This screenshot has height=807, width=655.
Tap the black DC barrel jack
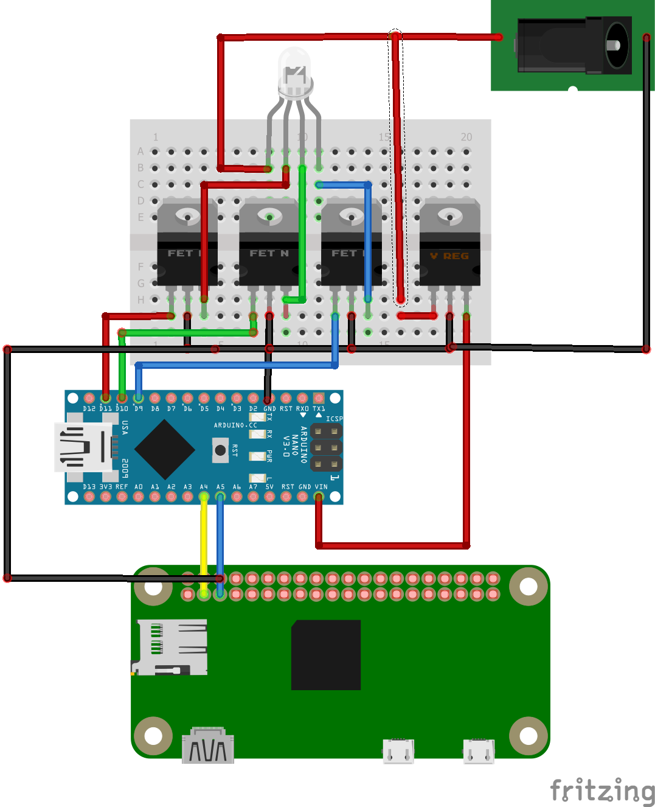tap(574, 45)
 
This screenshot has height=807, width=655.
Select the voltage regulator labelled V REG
tap(449, 244)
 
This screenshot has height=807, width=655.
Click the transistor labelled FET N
tap(269, 244)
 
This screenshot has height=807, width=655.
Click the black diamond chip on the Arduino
tap(165, 450)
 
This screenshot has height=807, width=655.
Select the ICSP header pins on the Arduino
tap(326, 448)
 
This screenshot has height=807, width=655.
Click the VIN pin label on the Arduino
tap(321, 487)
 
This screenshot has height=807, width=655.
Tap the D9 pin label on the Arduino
tap(139, 409)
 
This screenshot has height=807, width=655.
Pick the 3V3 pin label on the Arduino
tap(106, 487)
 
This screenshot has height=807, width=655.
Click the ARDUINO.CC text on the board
tap(235, 425)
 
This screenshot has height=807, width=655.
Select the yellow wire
tap(204, 542)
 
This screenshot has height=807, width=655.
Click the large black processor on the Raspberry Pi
tap(326, 655)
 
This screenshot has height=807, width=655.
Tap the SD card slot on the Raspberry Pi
tap(171, 647)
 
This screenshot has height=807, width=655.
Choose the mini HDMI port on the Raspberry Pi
tap(208, 745)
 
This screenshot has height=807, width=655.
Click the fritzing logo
tap(602, 791)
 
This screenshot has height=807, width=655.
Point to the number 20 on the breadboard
tap(466, 137)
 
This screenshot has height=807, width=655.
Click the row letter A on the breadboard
tap(140, 151)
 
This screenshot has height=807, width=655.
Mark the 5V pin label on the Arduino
tap(269, 487)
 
